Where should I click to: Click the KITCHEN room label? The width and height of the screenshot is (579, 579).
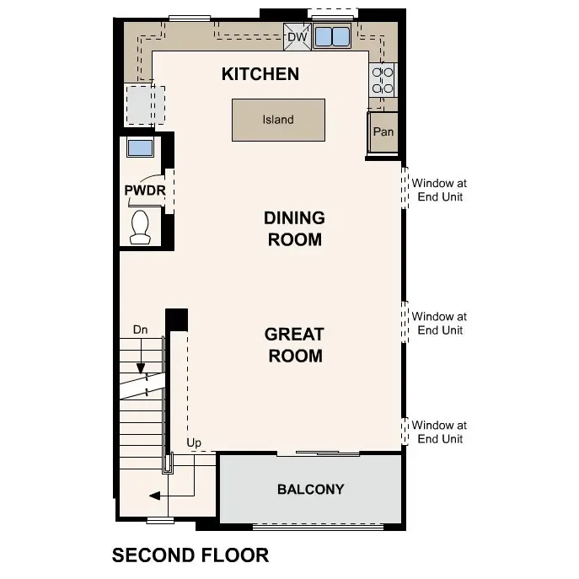tap(260, 74)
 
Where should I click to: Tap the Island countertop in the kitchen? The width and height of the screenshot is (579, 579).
tap(278, 120)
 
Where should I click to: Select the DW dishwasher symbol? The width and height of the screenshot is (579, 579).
tap(298, 36)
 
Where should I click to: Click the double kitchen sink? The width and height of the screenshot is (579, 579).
tap(332, 36)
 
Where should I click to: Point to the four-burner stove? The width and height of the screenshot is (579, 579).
tap(382, 80)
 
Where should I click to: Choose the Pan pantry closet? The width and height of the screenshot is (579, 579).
tap(383, 131)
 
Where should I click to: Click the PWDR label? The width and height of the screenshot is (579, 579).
tap(145, 190)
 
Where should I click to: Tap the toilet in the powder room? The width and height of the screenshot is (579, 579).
tap(140, 227)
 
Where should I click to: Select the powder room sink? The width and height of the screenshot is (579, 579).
tap(140, 147)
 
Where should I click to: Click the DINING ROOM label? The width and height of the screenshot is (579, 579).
tap(294, 229)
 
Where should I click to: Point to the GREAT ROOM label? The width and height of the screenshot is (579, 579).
tap(295, 345)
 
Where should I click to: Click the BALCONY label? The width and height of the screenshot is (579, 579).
tap(310, 490)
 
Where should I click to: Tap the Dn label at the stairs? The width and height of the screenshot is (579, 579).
tap(140, 330)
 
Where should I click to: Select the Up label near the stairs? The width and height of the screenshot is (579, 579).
tap(194, 442)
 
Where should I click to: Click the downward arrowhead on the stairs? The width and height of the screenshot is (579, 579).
tap(141, 368)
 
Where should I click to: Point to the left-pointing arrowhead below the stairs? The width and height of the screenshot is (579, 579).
tap(154, 496)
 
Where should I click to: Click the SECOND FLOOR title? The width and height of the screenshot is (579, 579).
tap(190, 555)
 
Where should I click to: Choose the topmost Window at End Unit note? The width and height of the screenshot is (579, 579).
tap(439, 190)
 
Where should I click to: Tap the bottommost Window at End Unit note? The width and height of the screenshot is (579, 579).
tap(439, 432)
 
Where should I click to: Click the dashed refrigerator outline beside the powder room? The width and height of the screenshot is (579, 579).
tap(145, 105)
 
